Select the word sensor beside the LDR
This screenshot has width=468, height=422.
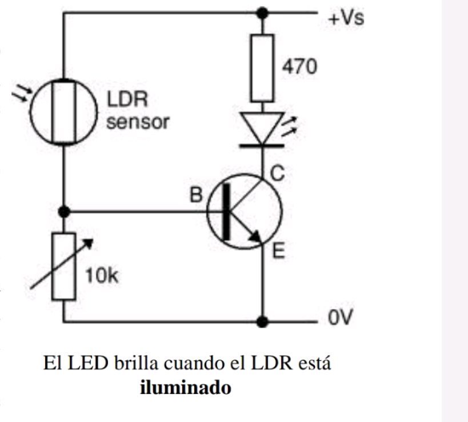point(138,122)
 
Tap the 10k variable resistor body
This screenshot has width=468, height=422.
point(63,267)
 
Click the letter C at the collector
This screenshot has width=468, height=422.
point(277,174)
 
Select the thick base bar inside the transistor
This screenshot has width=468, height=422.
point(228,211)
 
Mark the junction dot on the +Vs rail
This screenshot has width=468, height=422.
point(263,12)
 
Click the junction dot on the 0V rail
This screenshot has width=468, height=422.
point(263,321)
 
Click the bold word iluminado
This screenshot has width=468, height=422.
point(186,388)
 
